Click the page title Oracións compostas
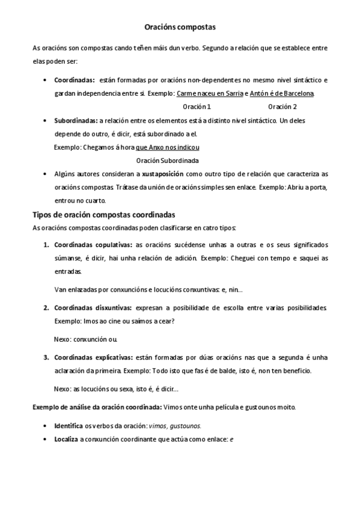(x=180, y=27)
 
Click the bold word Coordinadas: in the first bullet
(x=74, y=79)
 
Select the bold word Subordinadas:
(x=76, y=120)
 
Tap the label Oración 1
(x=197, y=106)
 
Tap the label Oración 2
(x=282, y=106)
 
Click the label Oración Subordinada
(x=167, y=161)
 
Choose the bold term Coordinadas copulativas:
(x=93, y=245)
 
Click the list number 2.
(x=46, y=307)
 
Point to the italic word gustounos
(x=186, y=425)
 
